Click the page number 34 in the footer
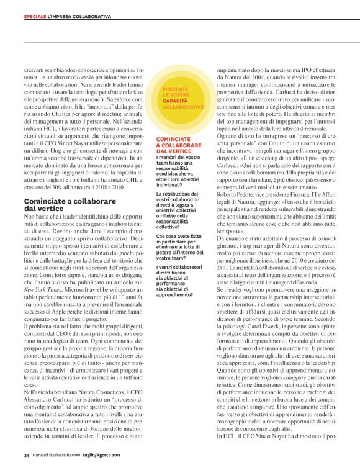[27, 455]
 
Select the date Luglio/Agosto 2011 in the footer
[109, 455]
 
